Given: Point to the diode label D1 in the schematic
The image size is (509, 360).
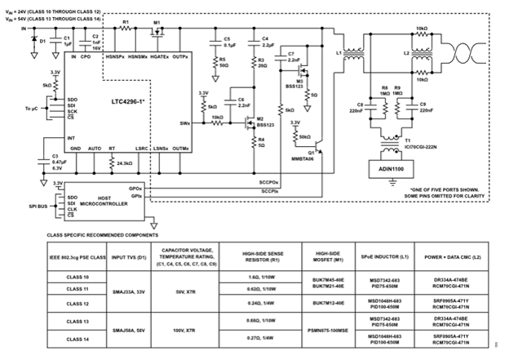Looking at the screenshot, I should point(43,40).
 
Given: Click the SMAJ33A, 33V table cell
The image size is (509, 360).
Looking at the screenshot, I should point(130,291).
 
